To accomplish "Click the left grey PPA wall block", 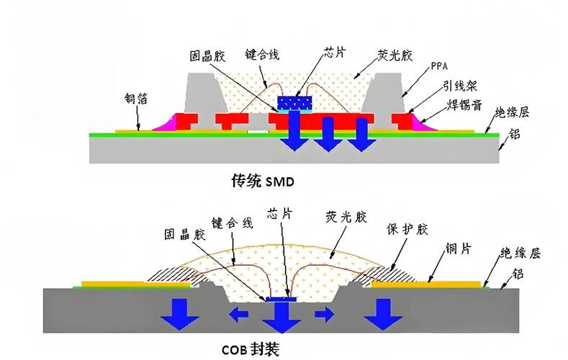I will click(x=201, y=94).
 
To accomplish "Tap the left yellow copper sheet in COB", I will click(x=137, y=283).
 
